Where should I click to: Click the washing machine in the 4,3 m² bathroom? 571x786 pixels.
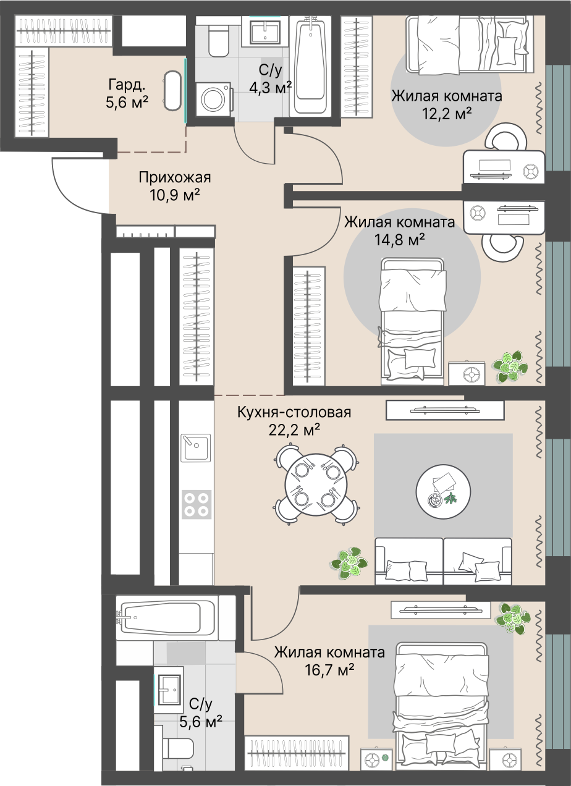click(213, 99)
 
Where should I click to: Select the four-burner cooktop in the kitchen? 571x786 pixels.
click(197, 505)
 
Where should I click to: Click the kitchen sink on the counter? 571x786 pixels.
click(196, 448)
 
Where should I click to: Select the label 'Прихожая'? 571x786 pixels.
click(175, 177)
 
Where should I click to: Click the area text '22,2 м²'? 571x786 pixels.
click(294, 430)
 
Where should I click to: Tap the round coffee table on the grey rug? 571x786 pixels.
click(443, 491)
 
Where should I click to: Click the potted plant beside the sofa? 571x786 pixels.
click(349, 563)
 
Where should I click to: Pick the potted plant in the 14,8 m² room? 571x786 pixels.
click(510, 366)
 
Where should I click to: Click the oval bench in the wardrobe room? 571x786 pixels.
click(172, 91)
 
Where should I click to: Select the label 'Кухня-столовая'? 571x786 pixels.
click(294, 412)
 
